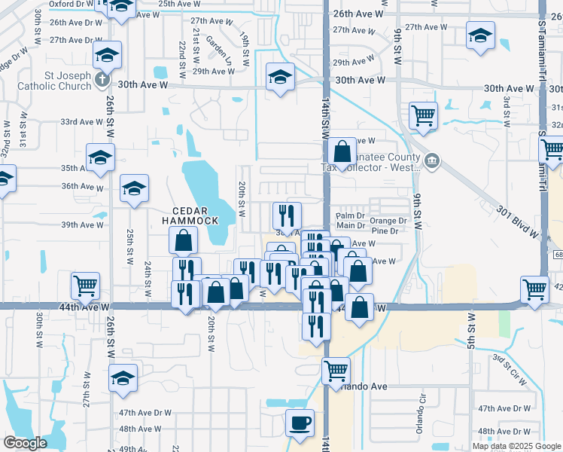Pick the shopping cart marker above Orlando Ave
click(336, 370)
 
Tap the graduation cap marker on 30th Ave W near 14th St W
click(281, 77)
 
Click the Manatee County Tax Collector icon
click(432, 160)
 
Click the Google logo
click(25, 443)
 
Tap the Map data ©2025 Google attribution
click(516, 446)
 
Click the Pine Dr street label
click(385, 231)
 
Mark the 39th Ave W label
click(82, 225)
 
